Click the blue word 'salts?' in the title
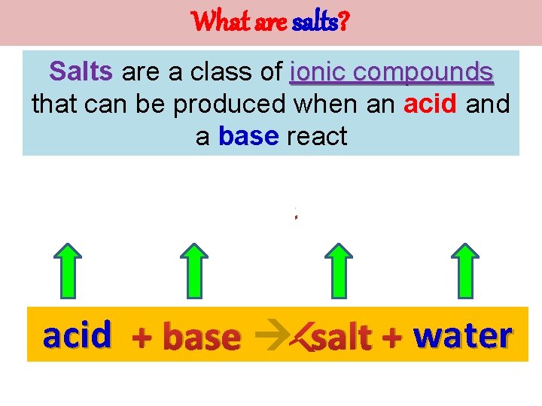point(321,23)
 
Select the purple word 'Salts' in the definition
point(81,71)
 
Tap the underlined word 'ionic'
point(315,72)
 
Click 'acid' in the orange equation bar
point(78,335)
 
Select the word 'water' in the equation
point(463,335)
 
